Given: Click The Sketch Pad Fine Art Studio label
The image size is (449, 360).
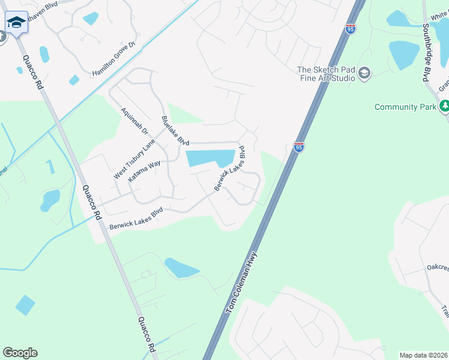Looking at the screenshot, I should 326,74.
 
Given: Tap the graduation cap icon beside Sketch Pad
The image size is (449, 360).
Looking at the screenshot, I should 364,74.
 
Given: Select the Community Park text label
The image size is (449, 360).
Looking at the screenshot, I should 404,107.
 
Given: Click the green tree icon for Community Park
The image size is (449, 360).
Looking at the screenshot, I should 444,107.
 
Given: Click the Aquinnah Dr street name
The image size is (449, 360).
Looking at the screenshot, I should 134,121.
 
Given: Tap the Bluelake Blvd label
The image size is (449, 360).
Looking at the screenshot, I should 175,131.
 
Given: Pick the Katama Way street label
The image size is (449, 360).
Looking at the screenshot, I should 143,171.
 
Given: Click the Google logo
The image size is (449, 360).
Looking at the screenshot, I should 20,353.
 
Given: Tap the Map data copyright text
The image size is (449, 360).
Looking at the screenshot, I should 424,355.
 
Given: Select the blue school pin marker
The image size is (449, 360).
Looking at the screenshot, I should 16,24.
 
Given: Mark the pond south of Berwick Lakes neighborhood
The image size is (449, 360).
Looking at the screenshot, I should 180,268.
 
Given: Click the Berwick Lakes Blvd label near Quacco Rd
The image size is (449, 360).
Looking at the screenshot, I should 136,220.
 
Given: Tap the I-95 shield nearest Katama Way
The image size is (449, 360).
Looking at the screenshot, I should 299,146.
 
